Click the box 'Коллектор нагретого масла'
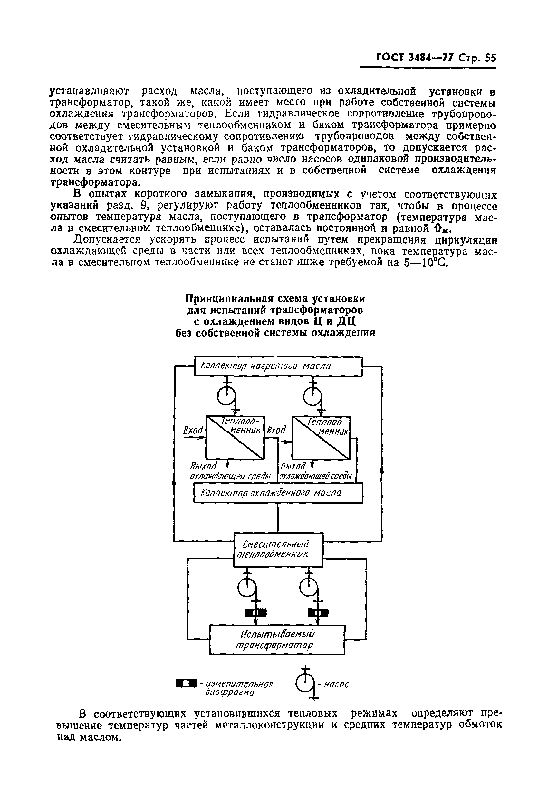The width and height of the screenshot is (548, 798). click(x=278, y=366)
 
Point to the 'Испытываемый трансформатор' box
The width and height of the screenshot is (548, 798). click(x=277, y=639)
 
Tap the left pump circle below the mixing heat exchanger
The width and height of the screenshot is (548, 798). click(x=246, y=589)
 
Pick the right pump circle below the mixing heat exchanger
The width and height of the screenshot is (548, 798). click(x=308, y=589)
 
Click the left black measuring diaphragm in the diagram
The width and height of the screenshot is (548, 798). click(x=256, y=613)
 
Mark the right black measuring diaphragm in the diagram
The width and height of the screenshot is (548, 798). click(x=318, y=613)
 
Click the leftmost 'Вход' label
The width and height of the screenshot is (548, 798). click(x=193, y=430)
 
